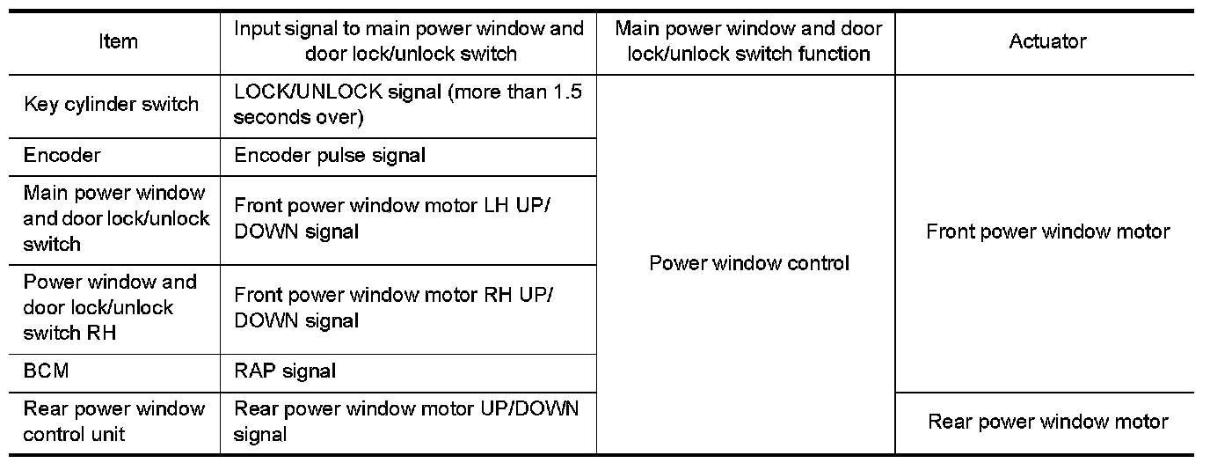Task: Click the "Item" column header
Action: [x=118, y=41]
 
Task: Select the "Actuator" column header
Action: [x=1047, y=41]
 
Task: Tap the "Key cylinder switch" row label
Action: [x=111, y=105]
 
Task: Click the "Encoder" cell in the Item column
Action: [x=62, y=156]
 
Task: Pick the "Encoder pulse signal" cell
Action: [x=330, y=156]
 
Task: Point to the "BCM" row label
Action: [x=46, y=371]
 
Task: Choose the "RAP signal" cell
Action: [x=285, y=371]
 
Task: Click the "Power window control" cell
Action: [x=749, y=263]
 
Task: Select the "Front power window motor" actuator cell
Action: [x=1047, y=232]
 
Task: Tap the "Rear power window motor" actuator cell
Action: [x=1047, y=423]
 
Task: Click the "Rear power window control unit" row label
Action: [x=114, y=422]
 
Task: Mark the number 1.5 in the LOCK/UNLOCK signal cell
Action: [x=567, y=92]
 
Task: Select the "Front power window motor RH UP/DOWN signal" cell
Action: [x=393, y=308]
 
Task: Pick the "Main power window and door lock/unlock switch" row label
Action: [x=116, y=218]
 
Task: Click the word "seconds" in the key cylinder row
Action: [x=266, y=117]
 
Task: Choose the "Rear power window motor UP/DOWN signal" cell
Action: [x=406, y=422]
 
